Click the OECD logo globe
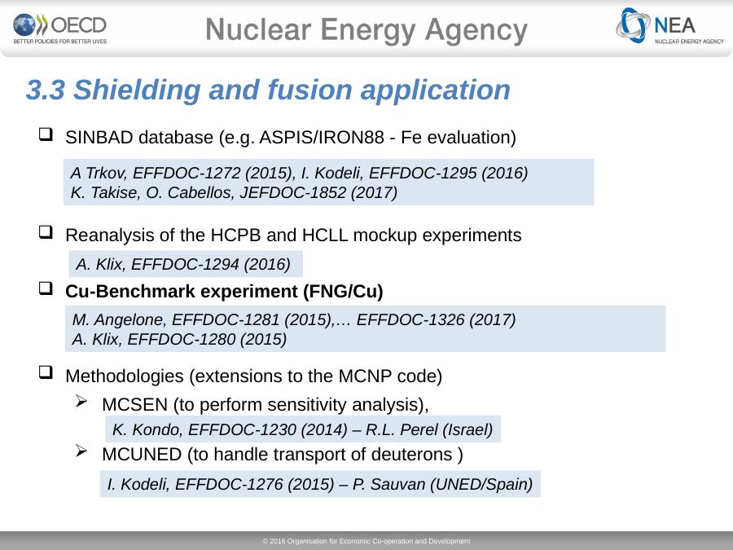point(24,24)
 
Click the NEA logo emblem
point(633,25)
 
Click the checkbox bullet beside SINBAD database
point(46,134)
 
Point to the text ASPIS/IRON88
point(322,138)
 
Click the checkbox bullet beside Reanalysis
point(46,232)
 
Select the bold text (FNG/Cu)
point(343,292)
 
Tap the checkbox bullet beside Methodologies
point(46,372)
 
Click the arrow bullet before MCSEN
point(81,401)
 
